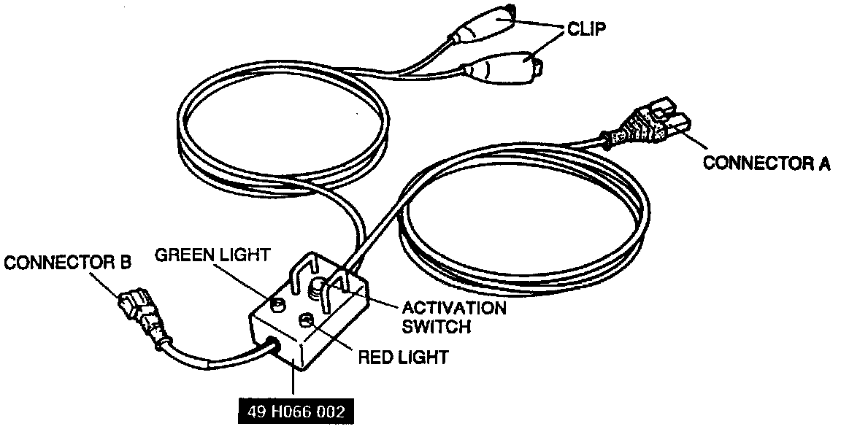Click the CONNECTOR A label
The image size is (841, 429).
coord(766,162)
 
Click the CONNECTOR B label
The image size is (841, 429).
coord(66,263)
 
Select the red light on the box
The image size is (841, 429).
coord(307,319)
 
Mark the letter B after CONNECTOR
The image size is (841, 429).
coord(126,263)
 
